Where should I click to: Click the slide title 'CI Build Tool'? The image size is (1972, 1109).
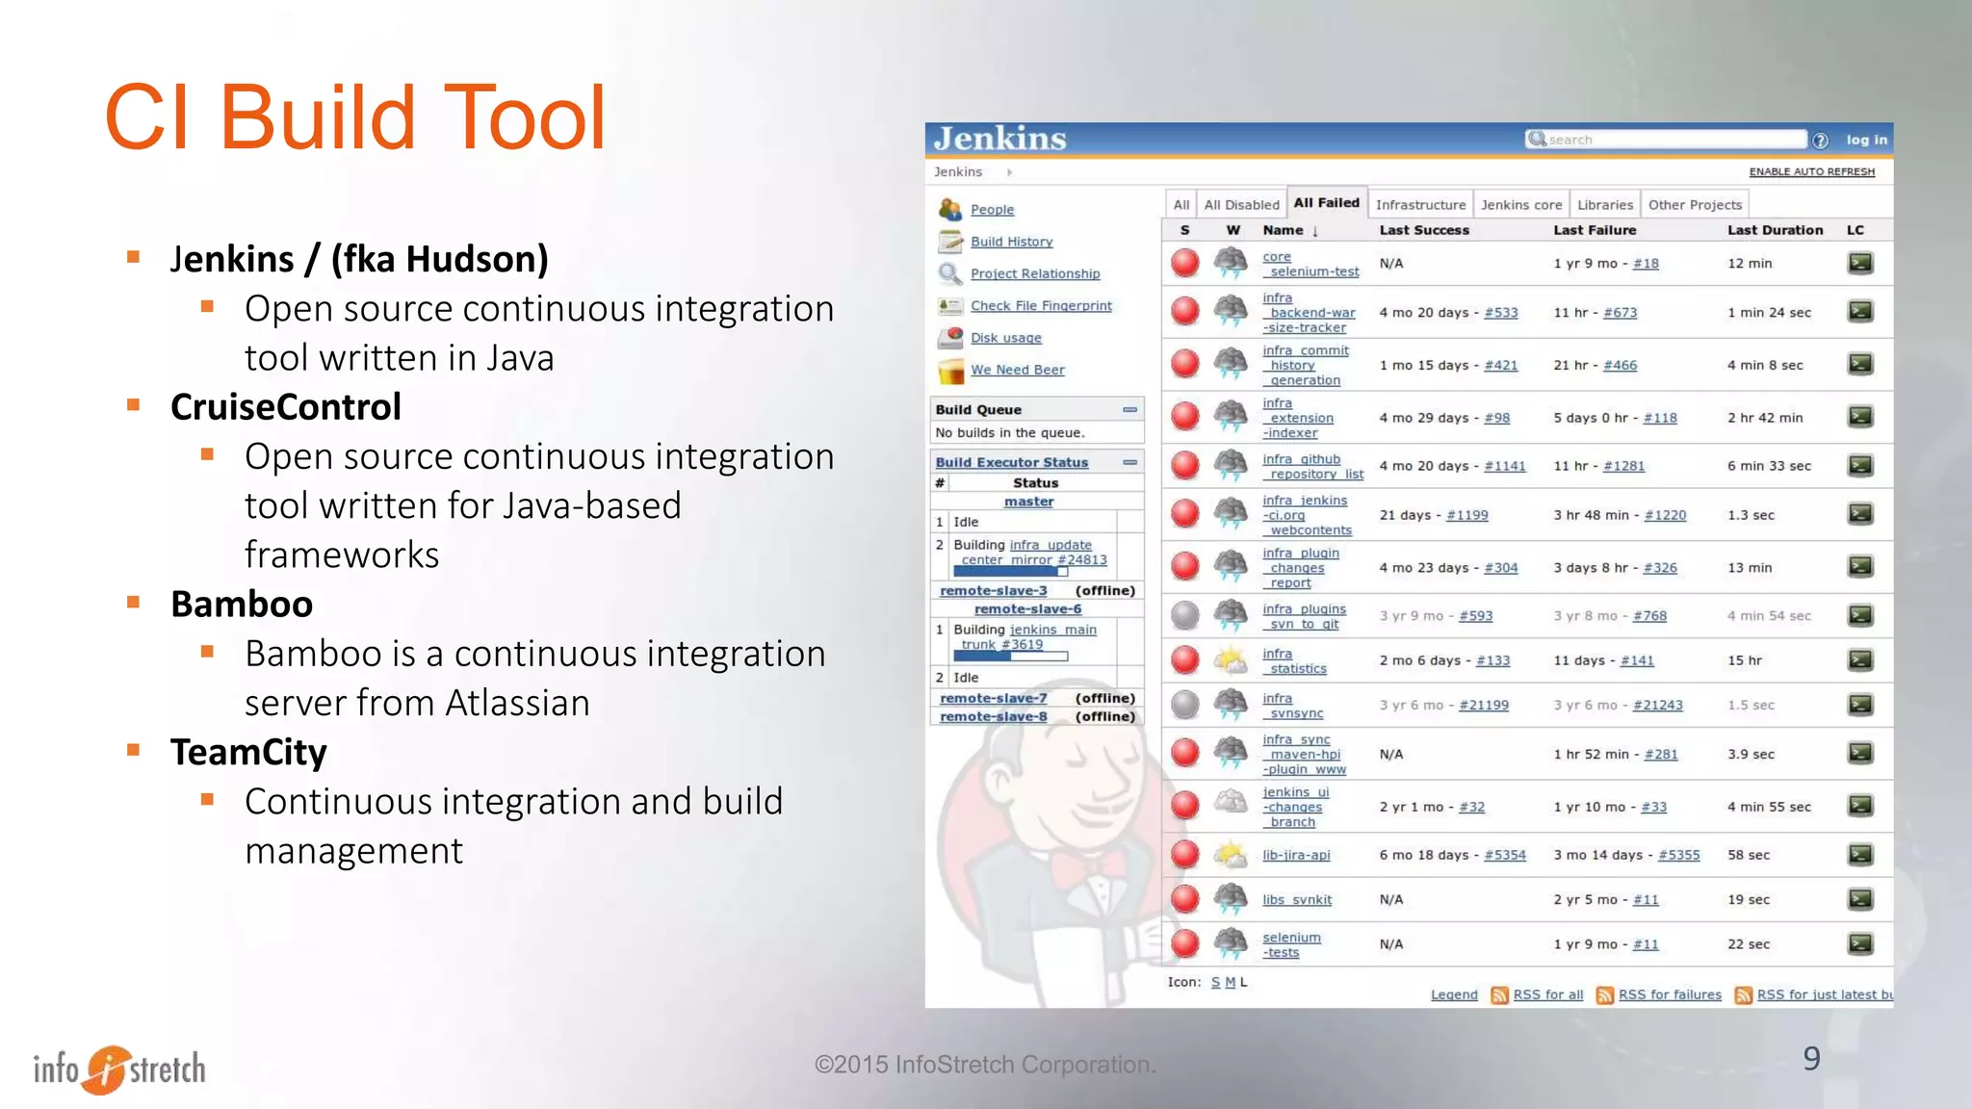point(354,117)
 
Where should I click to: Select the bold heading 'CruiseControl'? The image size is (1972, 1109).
point(285,407)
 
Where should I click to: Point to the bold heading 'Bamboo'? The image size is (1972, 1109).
point(242,605)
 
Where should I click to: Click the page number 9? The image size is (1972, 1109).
point(1811,1059)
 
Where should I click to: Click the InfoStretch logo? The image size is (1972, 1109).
point(119,1069)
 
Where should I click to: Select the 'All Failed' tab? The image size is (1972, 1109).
point(1326,203)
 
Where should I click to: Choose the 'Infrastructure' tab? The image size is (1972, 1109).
point(1420,205)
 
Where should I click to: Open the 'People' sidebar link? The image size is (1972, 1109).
point(992,210)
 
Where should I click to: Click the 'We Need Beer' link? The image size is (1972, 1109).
point(1017,370)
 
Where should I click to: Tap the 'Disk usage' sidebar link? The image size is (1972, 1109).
point(1005,338)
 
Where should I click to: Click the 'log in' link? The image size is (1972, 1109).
point(1866,140)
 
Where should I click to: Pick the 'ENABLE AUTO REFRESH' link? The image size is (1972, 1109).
point(1811,172)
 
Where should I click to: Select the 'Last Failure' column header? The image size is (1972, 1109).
point(1595,230)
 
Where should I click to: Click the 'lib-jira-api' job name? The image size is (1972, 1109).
point(1296,855)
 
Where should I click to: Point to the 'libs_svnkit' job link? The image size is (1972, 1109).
point(1297,900)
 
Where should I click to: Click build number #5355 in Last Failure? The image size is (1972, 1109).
point(1678,855)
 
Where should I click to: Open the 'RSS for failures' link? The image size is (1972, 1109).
point(1669,994)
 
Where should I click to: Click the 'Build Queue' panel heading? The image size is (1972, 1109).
point(978,410)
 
